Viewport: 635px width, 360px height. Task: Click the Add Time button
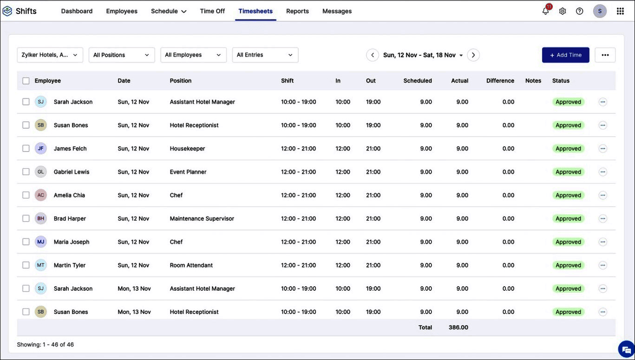click(565, 55)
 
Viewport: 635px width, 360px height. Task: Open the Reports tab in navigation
click(297, 11)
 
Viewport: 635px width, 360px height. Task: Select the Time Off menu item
click(212, 11)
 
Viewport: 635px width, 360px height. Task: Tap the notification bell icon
click(545, 11)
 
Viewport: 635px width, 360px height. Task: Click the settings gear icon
click(563, 11)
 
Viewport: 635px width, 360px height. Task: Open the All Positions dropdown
click(121, 55)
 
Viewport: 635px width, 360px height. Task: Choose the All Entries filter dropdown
click(265, 55)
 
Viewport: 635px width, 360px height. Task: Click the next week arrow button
click(473, 55)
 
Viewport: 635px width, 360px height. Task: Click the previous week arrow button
click(372, 55)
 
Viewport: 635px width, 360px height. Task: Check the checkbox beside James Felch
click(26, 149)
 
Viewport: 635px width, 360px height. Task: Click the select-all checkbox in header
click(26, 81)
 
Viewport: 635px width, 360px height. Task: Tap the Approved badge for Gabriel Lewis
click(568, 172)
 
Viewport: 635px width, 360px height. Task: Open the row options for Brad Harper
click(602, 218)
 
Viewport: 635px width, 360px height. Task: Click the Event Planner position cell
click(188, 172)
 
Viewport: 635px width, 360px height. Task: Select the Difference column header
click(500, 81)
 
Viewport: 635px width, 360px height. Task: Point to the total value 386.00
click(458, 327)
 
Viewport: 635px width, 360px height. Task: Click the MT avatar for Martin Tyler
click(41, 265)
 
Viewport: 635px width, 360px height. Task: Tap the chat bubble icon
click(626, 349)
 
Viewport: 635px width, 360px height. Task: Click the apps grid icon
click(620, 11)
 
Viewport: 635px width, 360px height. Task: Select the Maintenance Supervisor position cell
click(202, 218)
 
